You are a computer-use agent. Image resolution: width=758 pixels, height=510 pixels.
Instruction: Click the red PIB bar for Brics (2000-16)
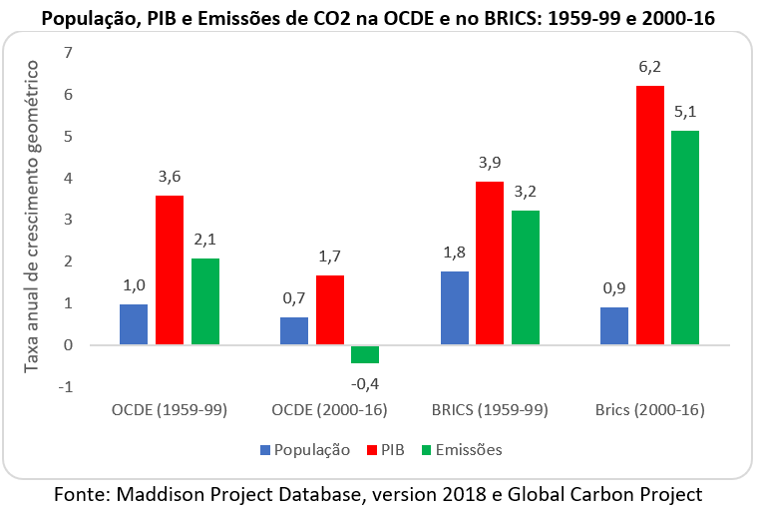point(649,216)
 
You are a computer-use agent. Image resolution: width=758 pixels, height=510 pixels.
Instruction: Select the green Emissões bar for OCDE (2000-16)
point(365,354)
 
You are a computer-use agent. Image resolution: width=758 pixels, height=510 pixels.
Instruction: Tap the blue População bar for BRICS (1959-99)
point(455,308)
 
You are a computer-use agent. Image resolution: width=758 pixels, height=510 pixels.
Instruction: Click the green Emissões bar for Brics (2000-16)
point(685,239)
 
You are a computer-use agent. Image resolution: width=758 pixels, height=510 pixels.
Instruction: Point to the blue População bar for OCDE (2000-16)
point(294,331)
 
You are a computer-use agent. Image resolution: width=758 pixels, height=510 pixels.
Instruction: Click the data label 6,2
point(649,68)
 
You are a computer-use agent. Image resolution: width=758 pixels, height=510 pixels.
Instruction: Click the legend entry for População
point(304,449)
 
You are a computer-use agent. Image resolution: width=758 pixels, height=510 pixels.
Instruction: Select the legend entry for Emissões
point(459,449)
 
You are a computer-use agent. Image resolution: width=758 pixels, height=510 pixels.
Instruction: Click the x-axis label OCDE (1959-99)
point(170,409)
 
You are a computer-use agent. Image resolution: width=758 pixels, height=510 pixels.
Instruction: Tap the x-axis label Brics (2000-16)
point(649,409)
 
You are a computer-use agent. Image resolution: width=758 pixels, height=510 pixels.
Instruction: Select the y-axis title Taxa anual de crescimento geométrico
point(33,216)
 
